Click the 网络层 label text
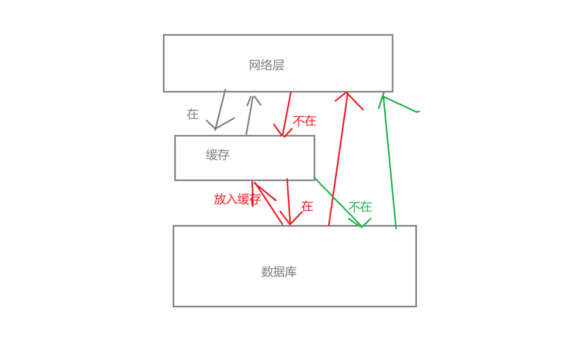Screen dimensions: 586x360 [x=266, y=65]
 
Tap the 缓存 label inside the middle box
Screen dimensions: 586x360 [x=218, y=155]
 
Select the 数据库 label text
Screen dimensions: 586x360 [x=279, y=272]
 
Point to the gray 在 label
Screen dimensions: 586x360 [x=193, y=115]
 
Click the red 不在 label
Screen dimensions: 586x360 [x=305, y=121]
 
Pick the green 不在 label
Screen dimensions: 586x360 [x=360, y=207]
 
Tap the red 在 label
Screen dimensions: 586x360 [x=307, y=207]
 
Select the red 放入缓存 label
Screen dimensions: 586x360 [x=237, y=199]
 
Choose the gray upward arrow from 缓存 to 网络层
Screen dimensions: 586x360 [x=249, y=117]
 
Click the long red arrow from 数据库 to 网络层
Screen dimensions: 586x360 [x=337, y=161]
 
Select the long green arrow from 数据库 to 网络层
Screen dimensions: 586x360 [x=390, y=161]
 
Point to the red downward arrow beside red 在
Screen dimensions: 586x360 [x=288, y=201]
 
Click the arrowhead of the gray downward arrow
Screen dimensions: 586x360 [x=216, y=128]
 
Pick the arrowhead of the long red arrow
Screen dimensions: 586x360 [x=347, y=95]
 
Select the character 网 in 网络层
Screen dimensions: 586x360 [x=255, y=65]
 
